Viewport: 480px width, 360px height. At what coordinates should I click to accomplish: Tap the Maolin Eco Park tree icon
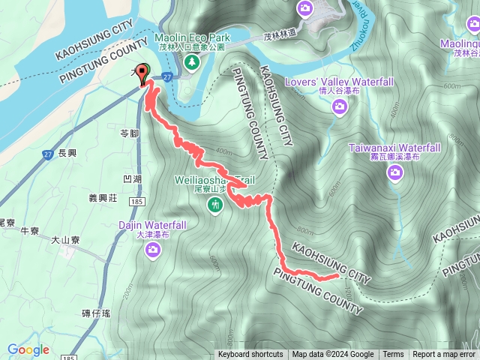pos(191,61)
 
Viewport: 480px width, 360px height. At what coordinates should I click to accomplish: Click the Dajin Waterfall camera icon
pos(153,250)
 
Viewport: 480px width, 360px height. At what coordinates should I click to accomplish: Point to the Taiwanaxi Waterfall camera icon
pos(395,174)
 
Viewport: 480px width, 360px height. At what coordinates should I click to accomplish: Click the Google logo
pos(28,349)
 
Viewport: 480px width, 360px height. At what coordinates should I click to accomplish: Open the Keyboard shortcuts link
pos(250,355)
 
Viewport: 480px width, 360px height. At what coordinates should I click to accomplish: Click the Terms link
pos(393,355)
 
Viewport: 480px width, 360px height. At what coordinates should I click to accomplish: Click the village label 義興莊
pos(103,199)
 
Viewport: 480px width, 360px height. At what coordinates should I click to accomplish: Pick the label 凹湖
pos(131,179)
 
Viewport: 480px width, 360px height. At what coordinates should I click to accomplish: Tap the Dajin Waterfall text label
pos(153,224)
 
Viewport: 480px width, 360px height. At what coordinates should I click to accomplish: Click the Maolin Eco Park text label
pos(191,37)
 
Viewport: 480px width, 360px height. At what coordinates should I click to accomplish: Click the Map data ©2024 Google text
pos(333,355)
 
